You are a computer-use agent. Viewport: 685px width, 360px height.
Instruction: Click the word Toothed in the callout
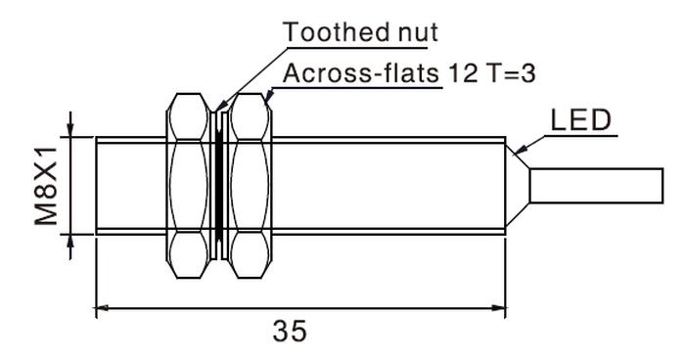[336, 32]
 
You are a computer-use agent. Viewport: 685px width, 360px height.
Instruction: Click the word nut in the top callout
[418, 32]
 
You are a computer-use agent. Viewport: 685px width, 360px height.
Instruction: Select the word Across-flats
[361, 73]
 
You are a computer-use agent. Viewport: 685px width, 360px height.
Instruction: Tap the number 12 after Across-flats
[463, 73]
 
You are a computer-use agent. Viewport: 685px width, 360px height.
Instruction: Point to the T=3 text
[510, 73]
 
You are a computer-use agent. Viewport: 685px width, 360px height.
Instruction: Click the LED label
[580, 120]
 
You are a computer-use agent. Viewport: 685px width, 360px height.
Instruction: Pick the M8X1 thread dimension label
[46, 186]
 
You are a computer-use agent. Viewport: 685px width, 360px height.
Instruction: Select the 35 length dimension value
[290, 331]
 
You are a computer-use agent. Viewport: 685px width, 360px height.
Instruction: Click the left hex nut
[189, 186]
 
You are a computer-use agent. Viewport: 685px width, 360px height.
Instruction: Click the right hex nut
[250, 186]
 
